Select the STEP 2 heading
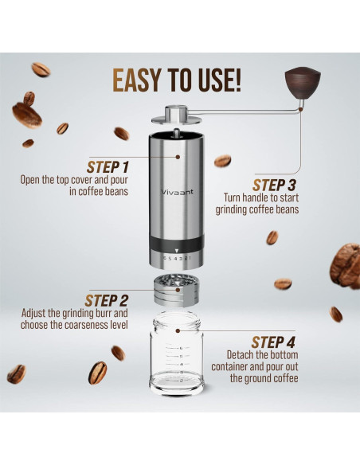tap(107, 300)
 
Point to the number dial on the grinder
tap(177, 258)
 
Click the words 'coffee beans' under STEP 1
tap(105, 191)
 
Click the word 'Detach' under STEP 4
tap(242, 354)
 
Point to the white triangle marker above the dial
tap(177, 249)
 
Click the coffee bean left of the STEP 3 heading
tap(222, 161)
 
